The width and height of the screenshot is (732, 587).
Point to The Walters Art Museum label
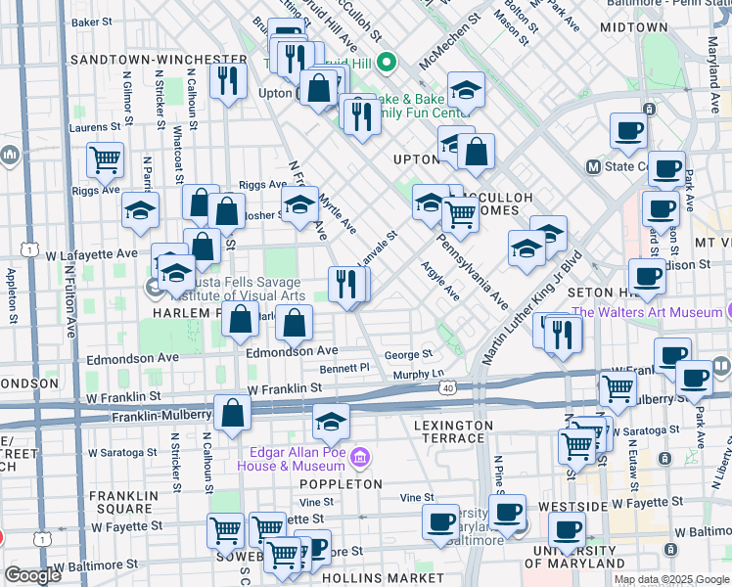click(647, 313)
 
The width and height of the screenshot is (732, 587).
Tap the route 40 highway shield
click(447, 388)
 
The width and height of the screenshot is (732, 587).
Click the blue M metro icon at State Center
click(592, 166)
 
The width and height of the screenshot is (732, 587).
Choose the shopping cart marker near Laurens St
click(105, 158)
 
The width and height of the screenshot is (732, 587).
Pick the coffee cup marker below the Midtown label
click(628, 130)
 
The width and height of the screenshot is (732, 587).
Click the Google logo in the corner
click(32, 575)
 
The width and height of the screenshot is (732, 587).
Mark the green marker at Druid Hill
click(387, 65)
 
